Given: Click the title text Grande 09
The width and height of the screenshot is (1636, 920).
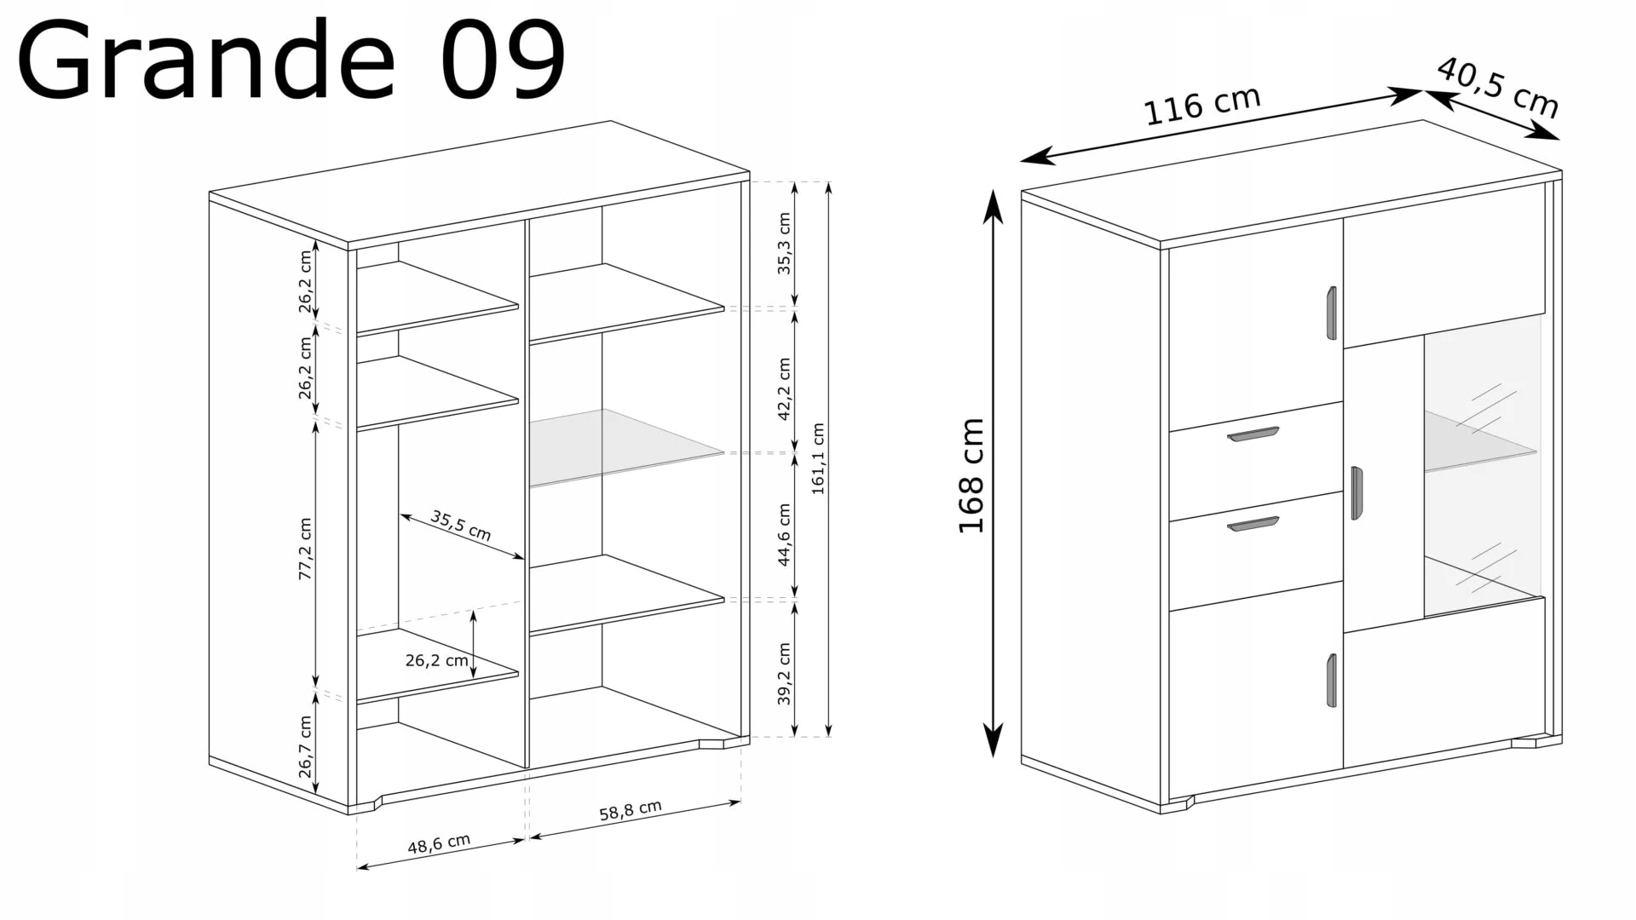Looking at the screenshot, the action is (291, 60).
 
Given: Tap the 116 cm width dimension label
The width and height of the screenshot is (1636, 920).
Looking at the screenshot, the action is (1201, 105).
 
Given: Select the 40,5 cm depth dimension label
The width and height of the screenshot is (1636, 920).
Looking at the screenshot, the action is (1497, 88).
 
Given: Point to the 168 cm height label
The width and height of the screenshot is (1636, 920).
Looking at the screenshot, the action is (971, 476).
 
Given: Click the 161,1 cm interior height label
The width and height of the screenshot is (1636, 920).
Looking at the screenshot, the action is (818, 459).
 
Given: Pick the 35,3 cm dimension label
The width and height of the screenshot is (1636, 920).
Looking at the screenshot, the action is (784, 244).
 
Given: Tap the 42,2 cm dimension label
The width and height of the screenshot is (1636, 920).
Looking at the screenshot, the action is (784, 388).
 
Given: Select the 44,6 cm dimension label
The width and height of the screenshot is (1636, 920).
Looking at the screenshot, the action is (784, 535).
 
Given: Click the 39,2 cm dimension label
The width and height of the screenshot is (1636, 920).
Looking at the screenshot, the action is (784, 674).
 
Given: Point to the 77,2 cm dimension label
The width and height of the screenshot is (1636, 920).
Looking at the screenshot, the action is (305, 549).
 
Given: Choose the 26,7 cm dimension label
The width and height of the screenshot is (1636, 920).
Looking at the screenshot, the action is (305, 747).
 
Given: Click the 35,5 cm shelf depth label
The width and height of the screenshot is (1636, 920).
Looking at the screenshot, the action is (460, 526).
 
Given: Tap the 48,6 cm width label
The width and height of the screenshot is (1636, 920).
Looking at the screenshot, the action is (439, 844).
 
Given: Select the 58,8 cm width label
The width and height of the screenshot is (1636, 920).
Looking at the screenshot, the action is (631, 810).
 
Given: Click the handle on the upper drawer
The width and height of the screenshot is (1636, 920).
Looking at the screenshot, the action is (1253, 434).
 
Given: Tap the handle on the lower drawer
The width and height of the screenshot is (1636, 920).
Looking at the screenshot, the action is (1253, 524).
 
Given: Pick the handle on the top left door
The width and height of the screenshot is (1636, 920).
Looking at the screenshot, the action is (1332, 313).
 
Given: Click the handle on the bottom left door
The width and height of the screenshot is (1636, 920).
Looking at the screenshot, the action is (1332, 680).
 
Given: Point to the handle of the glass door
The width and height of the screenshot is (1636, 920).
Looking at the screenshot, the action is (1357, 492).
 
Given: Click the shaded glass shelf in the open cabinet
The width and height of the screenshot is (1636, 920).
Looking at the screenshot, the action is (626, 447).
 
